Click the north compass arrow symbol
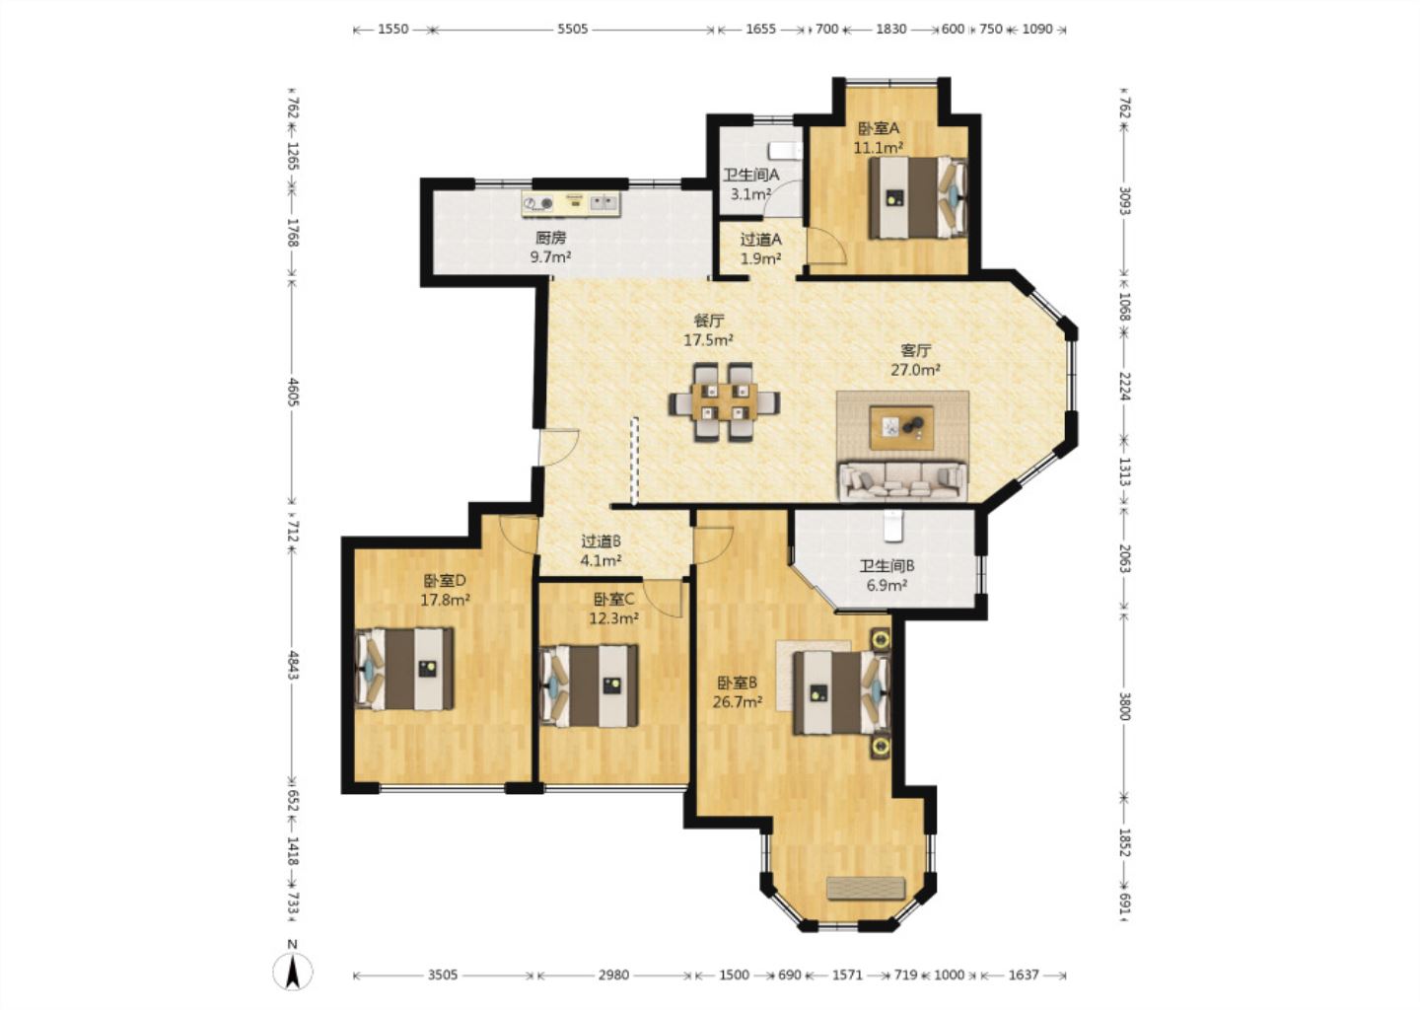292,971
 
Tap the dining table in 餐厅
724,402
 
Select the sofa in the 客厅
902,482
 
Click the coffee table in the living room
901,428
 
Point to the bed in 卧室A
918,197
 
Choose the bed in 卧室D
404,669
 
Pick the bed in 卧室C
589,686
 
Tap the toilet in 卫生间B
892,526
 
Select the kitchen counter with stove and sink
571,203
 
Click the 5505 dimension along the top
572,30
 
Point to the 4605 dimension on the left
292,393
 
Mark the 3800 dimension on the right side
1124,705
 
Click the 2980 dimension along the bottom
613,974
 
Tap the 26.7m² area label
738,702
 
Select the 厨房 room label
550,238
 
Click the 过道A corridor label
760,240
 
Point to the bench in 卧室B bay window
866,887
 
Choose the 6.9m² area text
887,585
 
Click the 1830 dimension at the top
890,30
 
